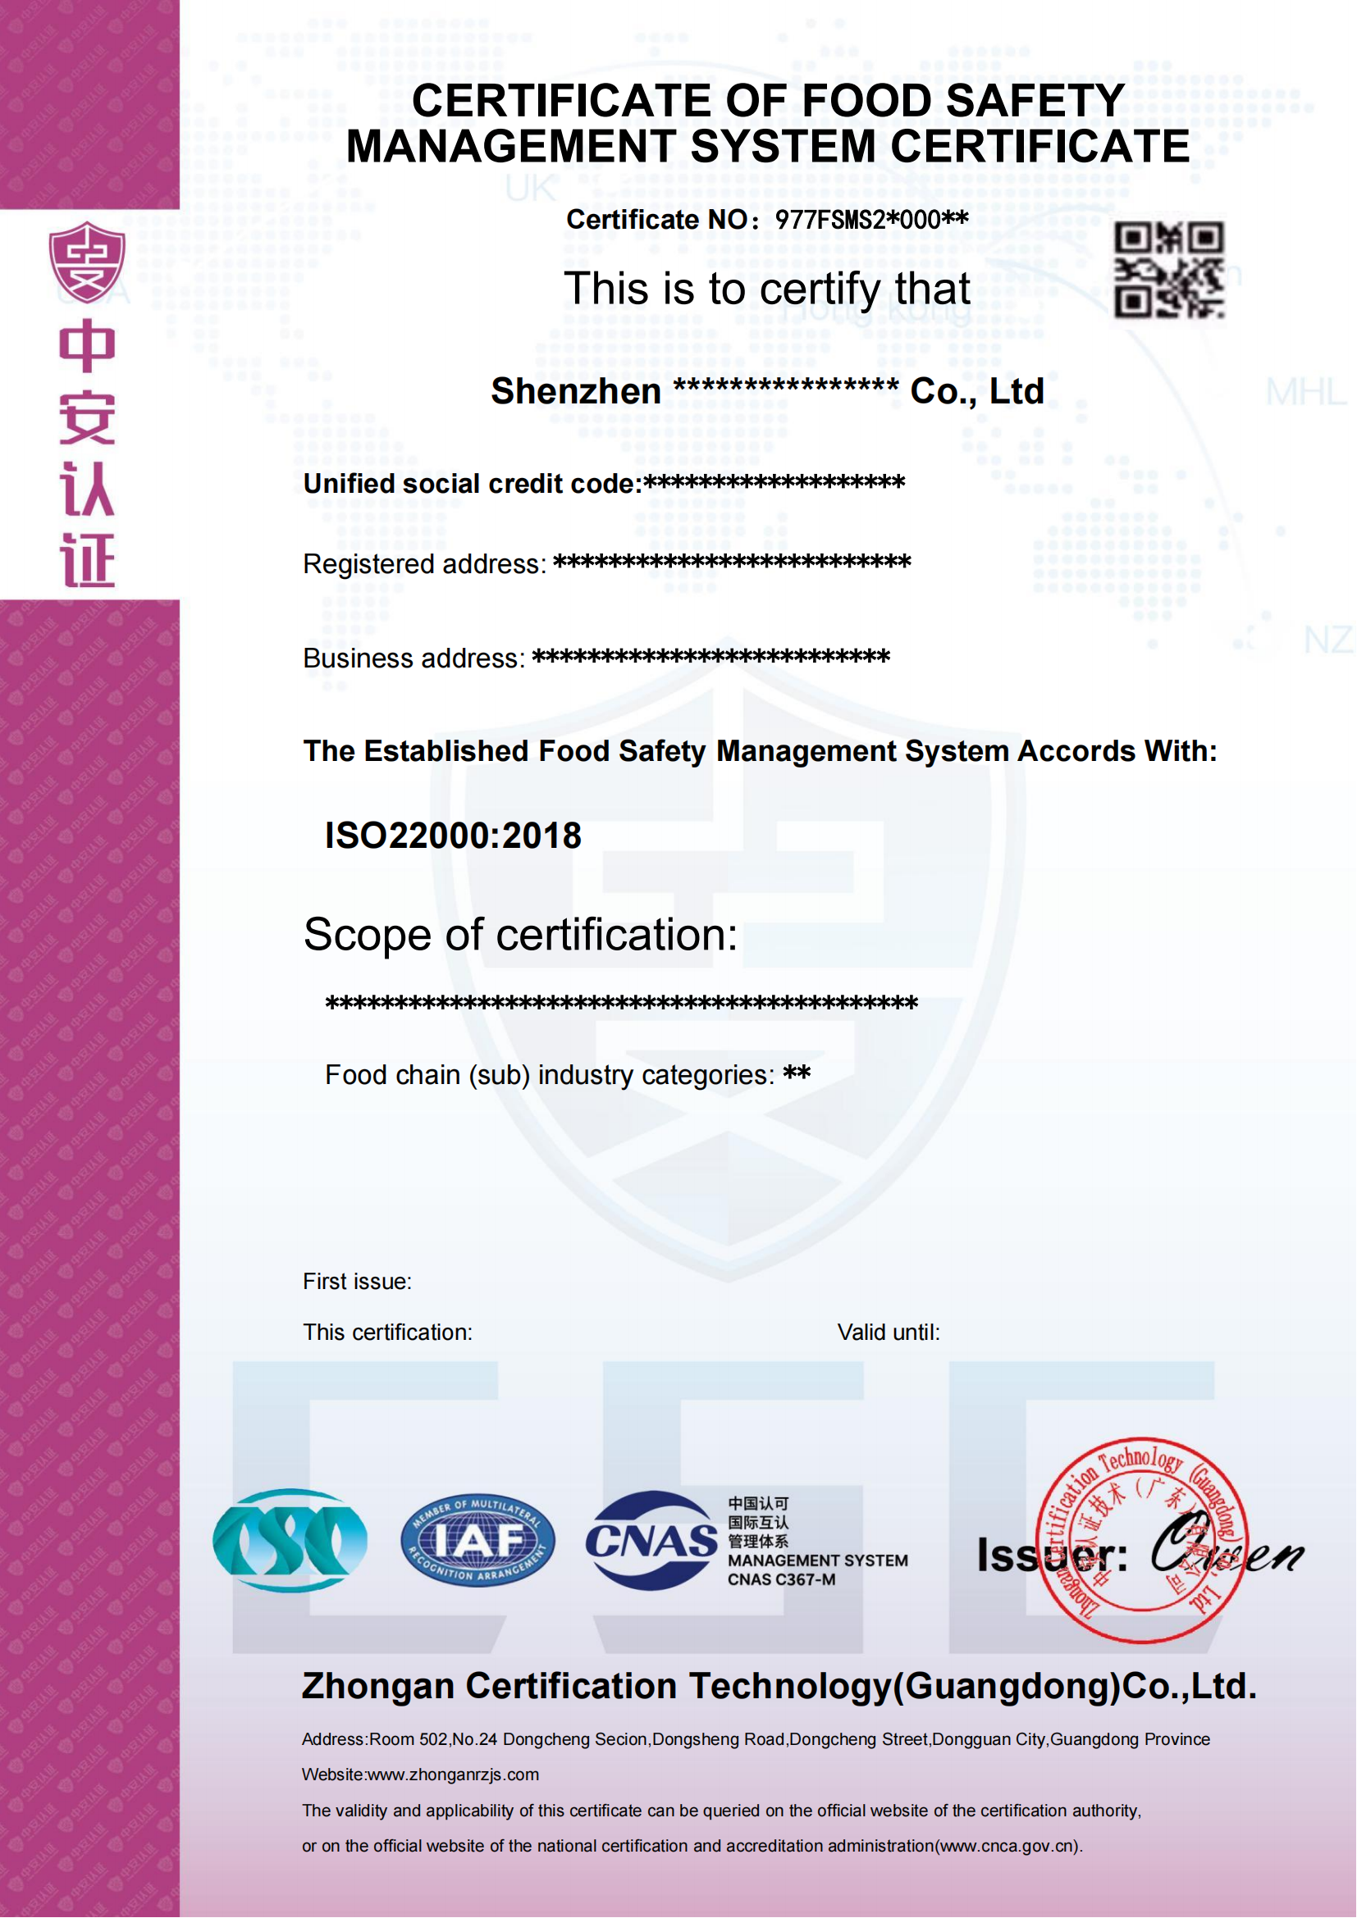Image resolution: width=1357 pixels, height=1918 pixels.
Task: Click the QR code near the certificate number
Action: coord(1169,269)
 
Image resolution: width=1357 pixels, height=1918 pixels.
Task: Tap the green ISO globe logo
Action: coord(290,1540)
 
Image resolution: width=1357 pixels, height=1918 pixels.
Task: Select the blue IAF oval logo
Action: coord(477,1540)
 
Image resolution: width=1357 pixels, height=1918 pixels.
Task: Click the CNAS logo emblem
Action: coord(651,1540)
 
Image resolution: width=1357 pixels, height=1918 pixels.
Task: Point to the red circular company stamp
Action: coord(1141,1540)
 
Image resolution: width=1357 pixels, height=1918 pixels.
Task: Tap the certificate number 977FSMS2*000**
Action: coord(871,220)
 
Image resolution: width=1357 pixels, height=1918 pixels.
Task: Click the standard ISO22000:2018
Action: coord(453,836)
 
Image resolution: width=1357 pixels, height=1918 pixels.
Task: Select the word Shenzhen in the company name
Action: coord(576,391)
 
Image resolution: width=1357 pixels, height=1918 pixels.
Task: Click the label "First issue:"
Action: coord(357,1281)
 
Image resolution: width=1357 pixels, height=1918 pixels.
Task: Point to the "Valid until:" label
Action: coord(889,1332)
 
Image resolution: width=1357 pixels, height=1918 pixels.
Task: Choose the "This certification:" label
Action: coord(387,1332)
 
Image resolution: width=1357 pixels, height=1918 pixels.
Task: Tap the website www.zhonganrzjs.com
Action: coord(453,1774)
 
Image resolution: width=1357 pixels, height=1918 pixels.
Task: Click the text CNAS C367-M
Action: coord(781,1579)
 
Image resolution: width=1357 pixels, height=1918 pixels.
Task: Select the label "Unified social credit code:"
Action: coord(472,484)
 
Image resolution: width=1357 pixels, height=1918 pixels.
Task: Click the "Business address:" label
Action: coord(413,658)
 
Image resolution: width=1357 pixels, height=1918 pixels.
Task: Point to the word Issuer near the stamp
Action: coord(1052,1555)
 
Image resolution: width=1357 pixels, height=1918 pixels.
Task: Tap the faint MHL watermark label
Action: coord(1305,392)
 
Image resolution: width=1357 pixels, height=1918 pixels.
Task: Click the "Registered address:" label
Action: coord(423,564)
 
